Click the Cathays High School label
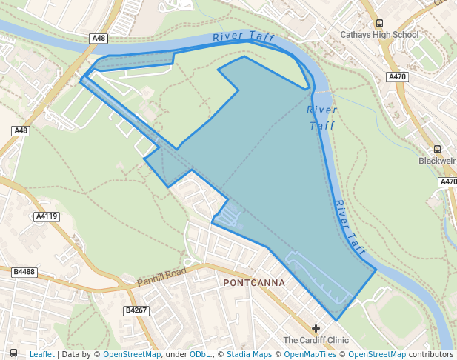point(379,35)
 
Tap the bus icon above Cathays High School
point(380,23)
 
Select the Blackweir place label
point(437,161)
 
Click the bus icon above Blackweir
point(437,149)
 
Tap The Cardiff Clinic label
point(316,340)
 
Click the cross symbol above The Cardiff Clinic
point(316,328)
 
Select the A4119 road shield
point(47,216)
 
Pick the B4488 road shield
point(24,273)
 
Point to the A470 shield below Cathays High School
point(397,76)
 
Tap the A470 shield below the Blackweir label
point(448,181)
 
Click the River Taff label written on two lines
point(322,118)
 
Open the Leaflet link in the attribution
point(41,354)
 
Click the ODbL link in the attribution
point(199,354)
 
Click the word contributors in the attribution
point(430,354)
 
